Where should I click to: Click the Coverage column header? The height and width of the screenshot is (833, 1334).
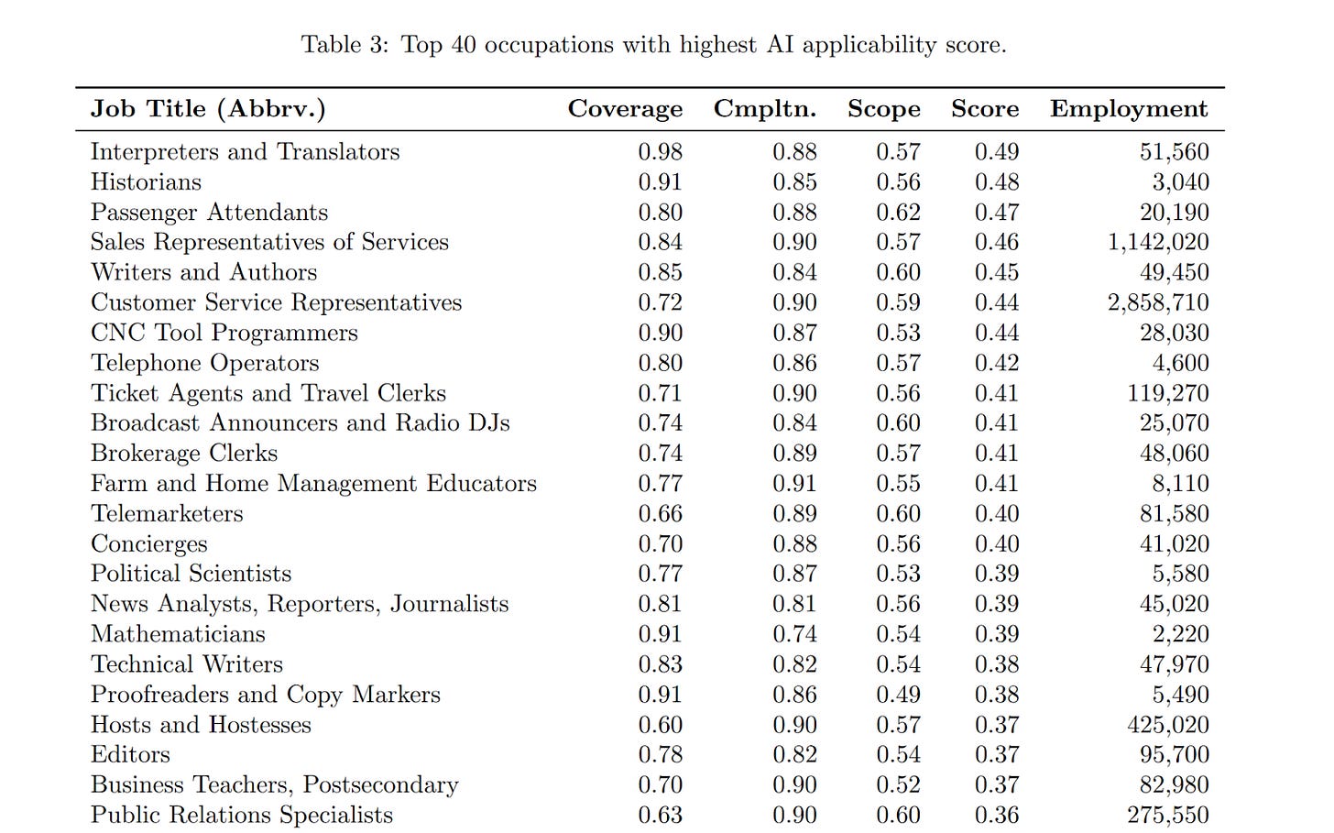click(625, 108)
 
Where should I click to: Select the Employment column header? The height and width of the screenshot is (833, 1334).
click(1129, 108)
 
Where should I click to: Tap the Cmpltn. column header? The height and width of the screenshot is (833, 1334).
click(765, 108)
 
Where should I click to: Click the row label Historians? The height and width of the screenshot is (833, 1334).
click(146, 181)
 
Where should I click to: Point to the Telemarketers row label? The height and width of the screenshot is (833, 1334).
click(167, 513)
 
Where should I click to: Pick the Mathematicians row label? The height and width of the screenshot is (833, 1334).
click(178, 634)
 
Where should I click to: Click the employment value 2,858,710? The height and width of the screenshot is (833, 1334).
click(1158, 302)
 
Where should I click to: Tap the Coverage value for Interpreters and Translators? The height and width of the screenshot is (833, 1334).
click(661, 151)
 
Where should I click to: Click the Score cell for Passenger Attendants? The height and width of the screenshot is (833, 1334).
click(997, 212)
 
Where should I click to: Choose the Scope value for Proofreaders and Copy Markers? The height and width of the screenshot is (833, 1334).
click(898, 695)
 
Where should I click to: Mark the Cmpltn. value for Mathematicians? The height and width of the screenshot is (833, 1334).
click(794, 634)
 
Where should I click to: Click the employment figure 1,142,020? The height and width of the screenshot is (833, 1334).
click(1158, 242)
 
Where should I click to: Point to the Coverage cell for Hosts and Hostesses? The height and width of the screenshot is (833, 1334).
click(661, 725)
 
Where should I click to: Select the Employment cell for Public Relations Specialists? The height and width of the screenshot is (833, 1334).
click(1168, 815)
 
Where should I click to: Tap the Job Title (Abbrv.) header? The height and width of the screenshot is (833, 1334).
click(208, 108)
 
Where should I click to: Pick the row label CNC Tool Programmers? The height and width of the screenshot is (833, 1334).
click(224, 333)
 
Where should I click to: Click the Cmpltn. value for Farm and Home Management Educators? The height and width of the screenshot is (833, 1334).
click(794, 483)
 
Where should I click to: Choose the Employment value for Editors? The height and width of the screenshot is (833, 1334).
click(1174, 754)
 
